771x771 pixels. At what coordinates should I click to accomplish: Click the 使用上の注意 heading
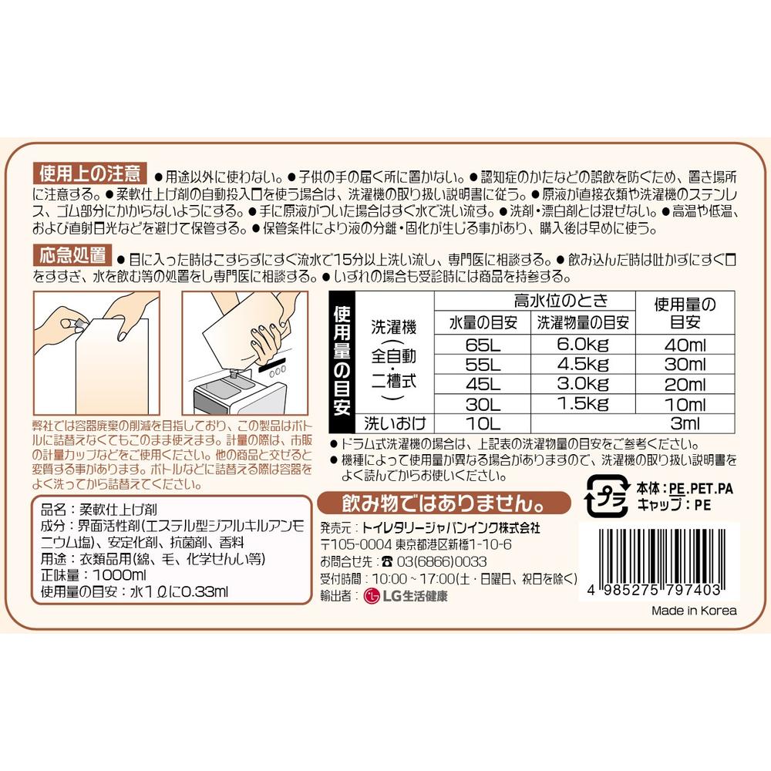[89, 173]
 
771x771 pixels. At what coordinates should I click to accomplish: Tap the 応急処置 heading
[72, 255]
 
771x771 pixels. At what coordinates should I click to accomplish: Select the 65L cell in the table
[483, 345]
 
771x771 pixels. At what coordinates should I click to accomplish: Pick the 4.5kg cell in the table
[583, 365]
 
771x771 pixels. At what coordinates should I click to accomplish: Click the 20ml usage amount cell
[685, 384]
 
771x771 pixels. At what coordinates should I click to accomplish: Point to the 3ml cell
[685, 423]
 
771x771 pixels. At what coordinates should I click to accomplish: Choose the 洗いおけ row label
[394, 423]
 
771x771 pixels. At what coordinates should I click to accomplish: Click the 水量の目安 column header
[483, 322]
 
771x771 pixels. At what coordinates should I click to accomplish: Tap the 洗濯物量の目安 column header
[583, 322]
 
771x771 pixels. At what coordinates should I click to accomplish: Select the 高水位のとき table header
[561, 301]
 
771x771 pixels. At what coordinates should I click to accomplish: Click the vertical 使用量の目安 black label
[342, 362]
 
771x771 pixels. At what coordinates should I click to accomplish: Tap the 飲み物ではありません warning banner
[443, 503]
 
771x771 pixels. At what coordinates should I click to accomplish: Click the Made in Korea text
[694, 611]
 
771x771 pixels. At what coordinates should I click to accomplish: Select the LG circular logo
[372, 596]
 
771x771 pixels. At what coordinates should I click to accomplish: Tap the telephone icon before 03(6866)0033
[387, 561]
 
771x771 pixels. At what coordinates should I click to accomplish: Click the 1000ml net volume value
[119, 575]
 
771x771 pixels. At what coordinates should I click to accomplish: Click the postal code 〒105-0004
[356, 545]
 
